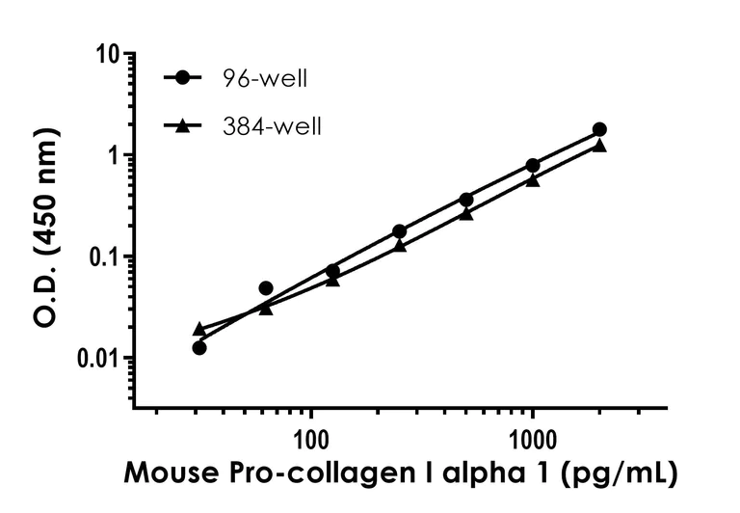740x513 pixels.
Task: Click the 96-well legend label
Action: [264, 79]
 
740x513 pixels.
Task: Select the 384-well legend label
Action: [271, 125]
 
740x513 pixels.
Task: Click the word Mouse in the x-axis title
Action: [164, 474]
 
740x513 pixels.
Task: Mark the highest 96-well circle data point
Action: [599, 129]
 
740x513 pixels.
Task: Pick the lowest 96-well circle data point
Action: [199, 347]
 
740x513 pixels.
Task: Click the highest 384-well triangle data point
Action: [599, 145]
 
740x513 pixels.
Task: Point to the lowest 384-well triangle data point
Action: [199, 329]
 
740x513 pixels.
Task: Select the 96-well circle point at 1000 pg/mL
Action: [533, 165]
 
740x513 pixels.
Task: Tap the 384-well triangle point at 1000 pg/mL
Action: [533, 179]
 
